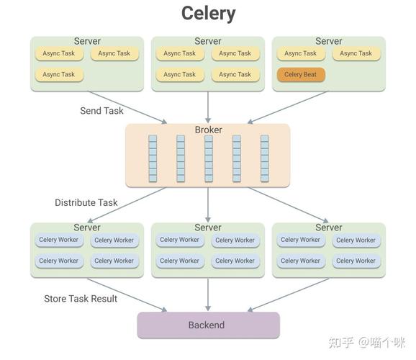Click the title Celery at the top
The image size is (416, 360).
point(208,13)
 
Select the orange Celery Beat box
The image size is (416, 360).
point(301,74)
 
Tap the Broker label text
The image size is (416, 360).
point(208,130)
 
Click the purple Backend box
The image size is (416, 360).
point(208,325)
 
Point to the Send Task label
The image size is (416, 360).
point(101,111)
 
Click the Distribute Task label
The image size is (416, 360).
point(86,202)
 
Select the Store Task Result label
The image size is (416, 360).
point(81,298)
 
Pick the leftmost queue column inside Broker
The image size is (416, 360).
point(153,158)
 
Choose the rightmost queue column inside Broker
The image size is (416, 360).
point(264,158)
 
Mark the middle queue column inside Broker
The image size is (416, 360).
point(208,158)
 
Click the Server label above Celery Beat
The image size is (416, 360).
point(329,41)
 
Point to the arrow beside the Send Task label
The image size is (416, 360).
point(130,107)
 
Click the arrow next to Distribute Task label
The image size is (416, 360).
point(130,204)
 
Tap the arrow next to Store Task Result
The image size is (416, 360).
point(130,294)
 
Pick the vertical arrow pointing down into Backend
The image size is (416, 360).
point(208,294)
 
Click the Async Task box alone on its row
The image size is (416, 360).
point(58,74)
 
